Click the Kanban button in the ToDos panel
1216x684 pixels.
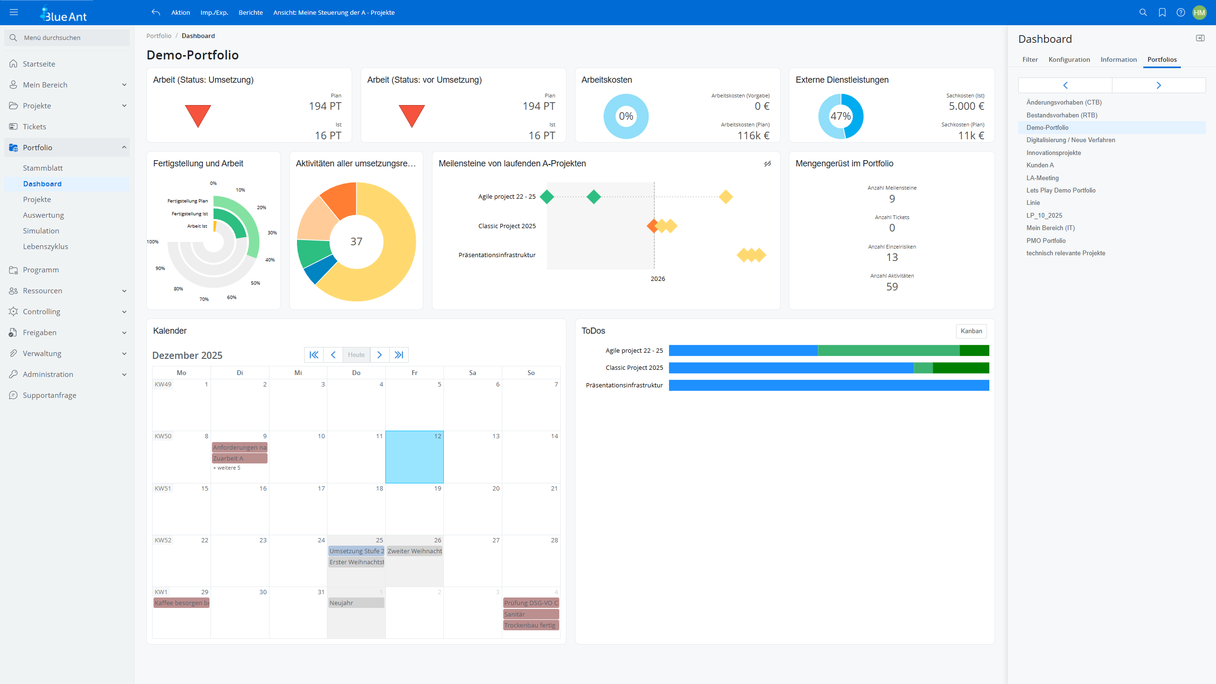pyautogui.click(x=971, y=331)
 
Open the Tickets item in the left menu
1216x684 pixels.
pyautogui.click(x=34, y=126)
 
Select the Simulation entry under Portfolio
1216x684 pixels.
pyautogui.click(x=41, y=231)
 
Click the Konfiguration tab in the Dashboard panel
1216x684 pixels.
pyautogui.click(x=1069, y=59)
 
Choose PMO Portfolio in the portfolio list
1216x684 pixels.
pyautogui.click(x=1046, y=241)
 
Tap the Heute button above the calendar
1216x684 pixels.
pyautogui.click(x=356, y=355)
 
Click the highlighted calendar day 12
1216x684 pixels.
pyautogui.click(x=414, y=457)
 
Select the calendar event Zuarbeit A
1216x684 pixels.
pyautogui.click(x=239, y=458)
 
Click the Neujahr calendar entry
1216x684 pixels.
pyautogui.click(x=356, y=603)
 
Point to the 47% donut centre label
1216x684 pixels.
pyautogui.click(x=840, y=116)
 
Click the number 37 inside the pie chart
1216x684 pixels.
pyautogui.click(x=356, y=241)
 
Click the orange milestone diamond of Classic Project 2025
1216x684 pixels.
pyautogui.click(x=652, y=226)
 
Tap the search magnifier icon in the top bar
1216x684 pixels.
pyautogui.click(x=1143, y=12)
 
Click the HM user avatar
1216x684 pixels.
pyautogui.click(x=1199, y=12)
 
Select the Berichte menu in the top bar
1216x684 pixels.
pyautogui.click(x=250, y=12)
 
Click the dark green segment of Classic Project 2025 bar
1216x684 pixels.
pyautogui.click(x=960, y=368)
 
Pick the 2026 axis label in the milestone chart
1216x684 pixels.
pyautogui.click(x=658, y=279)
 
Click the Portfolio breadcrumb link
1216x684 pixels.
pyautogui.click(x=159, y=36)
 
